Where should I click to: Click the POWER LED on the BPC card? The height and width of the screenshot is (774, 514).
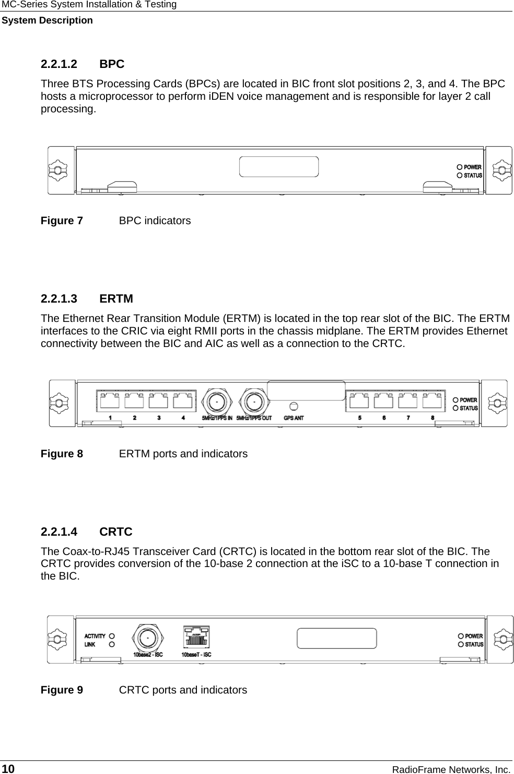coord(459,167)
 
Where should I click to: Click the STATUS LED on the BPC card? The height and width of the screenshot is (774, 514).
coord(459,176)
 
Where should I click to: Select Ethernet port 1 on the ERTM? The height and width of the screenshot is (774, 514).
coord(110,401)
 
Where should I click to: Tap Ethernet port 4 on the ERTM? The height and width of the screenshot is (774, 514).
coord(183,401)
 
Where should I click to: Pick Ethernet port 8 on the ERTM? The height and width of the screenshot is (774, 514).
coord(433,401)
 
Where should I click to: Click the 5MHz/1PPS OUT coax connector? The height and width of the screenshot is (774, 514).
coord(254,402)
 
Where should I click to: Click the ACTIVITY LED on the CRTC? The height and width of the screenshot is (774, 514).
coord(112,637)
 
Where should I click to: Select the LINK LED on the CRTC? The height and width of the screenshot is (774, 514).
coord(112,645)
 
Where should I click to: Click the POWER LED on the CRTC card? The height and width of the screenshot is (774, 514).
coord(461,636)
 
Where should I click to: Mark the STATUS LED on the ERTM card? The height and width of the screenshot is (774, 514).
coord(455,408)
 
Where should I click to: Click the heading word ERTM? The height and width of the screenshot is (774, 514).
coord(116,299)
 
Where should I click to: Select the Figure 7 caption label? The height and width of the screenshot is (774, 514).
coord(62,221)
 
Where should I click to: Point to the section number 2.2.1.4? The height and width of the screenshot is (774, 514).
coord(59,532)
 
